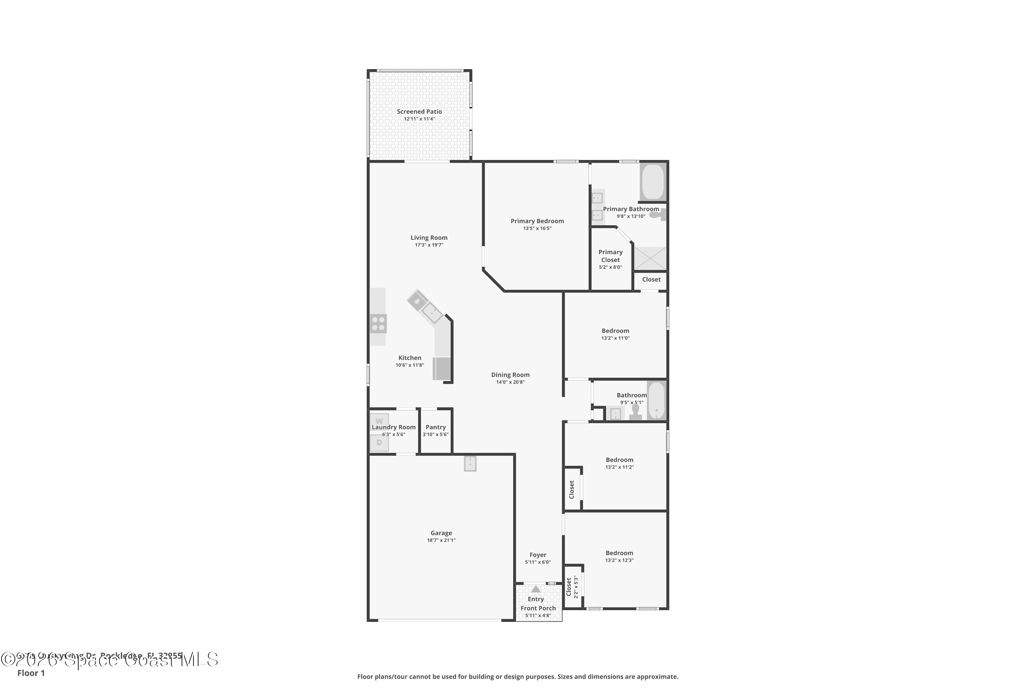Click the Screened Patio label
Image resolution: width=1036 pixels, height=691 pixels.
tap(419, 112)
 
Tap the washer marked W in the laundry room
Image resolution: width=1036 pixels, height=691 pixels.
tap(379, 421)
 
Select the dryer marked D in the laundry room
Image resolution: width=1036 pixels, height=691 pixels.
tap(379, 443)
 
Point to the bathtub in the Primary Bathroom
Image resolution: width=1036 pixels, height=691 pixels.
tap(652, 182)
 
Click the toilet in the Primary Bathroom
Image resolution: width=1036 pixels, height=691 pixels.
tap(659, 215)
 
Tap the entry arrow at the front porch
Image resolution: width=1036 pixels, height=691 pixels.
tap(536, 589)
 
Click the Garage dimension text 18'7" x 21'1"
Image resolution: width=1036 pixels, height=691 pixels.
tap(441, 540)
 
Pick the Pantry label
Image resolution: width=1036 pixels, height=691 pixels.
tap(435, 427)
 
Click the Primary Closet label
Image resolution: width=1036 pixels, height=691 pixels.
tap(610, 256)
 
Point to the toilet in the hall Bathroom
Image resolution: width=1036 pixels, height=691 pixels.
tap(635, 411)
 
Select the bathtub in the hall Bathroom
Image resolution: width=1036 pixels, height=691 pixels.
tap(656, 400)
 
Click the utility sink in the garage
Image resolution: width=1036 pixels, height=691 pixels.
tap(470, 464)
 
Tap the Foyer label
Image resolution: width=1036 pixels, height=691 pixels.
tap(538, 555)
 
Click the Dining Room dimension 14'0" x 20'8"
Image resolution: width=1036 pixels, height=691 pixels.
tap(510, 382)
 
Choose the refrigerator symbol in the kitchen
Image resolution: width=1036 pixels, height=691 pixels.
tap(442, 368)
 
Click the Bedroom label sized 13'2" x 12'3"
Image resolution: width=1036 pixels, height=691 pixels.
tap(619, 553)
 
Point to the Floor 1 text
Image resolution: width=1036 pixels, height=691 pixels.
tap(31, 673)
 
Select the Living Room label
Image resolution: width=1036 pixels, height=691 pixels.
tap(429, 238)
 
